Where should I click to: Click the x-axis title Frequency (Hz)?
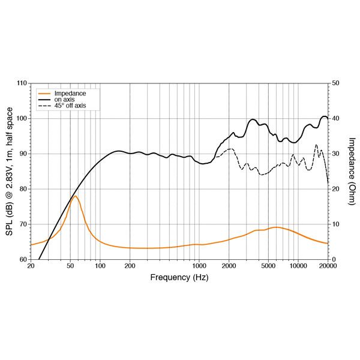coord(179,278)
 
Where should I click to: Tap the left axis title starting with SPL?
coord(10,171)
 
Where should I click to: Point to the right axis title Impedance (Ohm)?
coord(351,171)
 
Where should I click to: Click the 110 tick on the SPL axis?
coord(22,83)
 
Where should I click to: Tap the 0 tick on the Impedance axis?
coord(334,260)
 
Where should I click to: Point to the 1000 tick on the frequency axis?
coord(199,266)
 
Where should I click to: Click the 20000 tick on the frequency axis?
coord(328,266)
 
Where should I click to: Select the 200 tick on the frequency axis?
coord(130,266)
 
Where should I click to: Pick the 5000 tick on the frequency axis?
coord(268,266)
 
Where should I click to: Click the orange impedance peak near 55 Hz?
coord(75,196)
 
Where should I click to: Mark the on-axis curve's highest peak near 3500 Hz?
coord(253,119)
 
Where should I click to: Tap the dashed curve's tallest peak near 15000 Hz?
coord(316,145)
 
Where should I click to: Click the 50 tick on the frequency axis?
coord(70,266)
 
